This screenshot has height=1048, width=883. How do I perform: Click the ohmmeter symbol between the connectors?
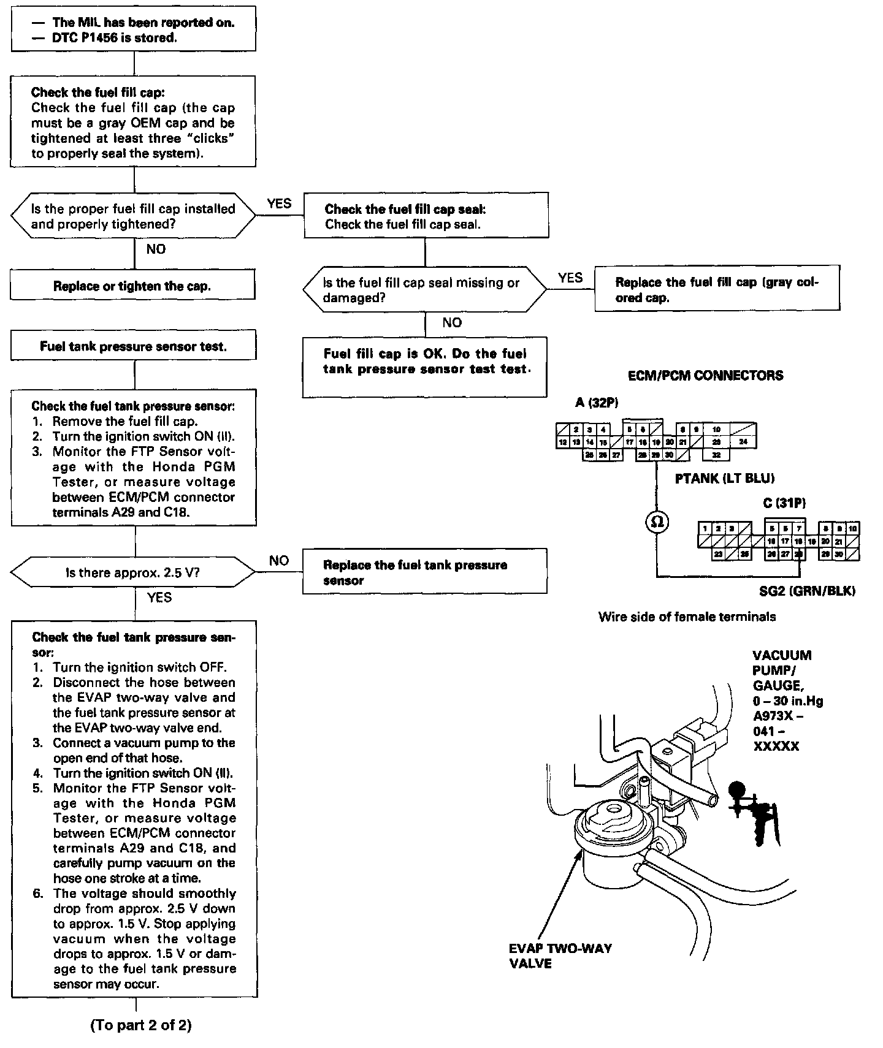[657, 522]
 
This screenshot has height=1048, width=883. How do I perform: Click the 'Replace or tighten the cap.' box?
[132, 286]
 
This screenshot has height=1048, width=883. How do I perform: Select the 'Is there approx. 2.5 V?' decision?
[132, 573]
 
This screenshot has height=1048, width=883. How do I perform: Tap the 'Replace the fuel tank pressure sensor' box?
[424, 572]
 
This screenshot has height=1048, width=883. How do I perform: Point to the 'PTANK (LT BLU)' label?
[725, 479]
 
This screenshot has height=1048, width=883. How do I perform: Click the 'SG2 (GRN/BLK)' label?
[807, 591]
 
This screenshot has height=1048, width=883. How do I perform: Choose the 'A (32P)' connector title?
[597, 403]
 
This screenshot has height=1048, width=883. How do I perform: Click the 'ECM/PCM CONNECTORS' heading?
[705, 376]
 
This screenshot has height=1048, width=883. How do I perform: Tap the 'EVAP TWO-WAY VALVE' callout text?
[560, 955]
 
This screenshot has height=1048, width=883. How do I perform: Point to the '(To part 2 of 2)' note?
[140, 1025]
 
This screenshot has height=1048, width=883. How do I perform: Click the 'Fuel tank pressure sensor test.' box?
[133, 347]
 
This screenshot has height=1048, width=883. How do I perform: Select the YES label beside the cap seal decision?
[570, 278]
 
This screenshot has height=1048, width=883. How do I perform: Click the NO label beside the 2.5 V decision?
[279, 561]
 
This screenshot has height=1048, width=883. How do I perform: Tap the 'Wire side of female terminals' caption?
[687, 617]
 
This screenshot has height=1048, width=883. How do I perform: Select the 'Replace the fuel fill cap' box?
[717, 289]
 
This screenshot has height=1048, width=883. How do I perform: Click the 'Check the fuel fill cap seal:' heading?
[405, 209]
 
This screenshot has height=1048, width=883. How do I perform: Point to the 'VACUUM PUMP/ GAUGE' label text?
[782, 670]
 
